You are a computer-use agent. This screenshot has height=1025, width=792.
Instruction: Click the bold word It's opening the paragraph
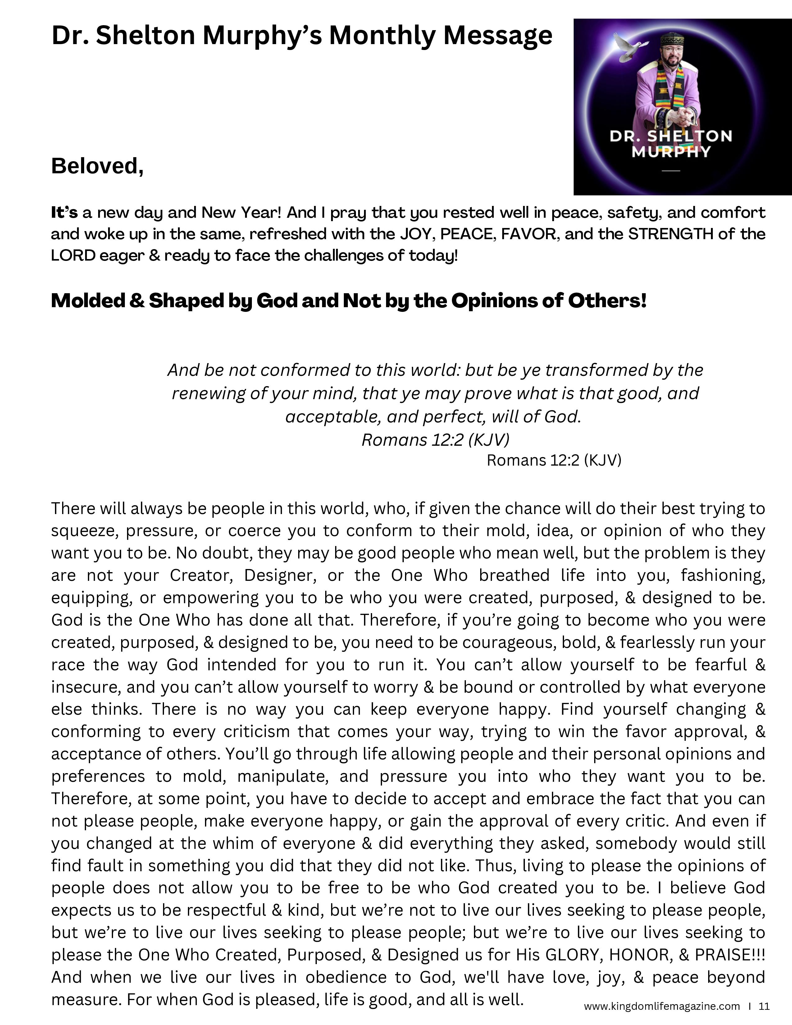click(64, 212)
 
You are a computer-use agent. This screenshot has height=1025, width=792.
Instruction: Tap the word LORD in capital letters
click(71, 255)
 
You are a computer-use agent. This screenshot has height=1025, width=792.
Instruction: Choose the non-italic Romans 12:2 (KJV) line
click(554, 460)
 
